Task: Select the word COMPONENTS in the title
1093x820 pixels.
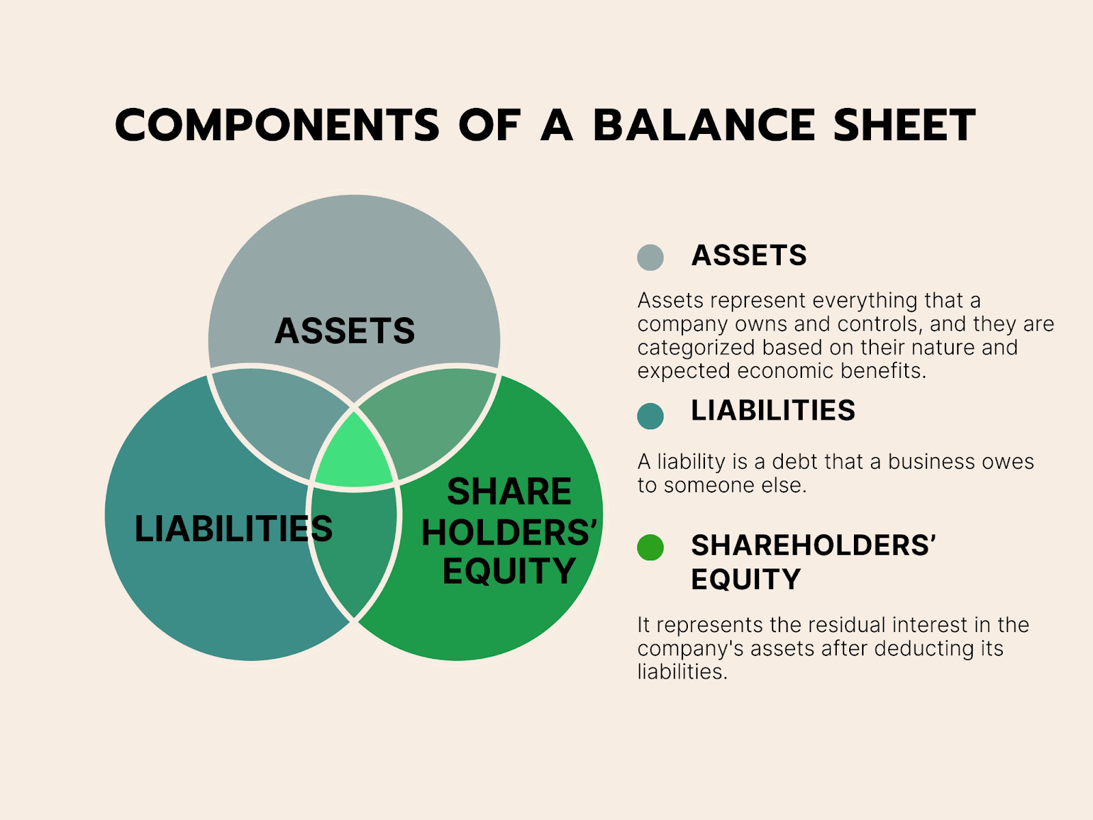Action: click(277, 125)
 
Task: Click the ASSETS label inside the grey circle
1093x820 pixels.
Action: click(345, 331)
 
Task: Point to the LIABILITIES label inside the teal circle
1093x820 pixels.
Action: click(233, 529)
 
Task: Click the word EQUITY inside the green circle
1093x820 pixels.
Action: click(509, 571)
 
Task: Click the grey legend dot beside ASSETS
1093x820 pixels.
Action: click(650, 258)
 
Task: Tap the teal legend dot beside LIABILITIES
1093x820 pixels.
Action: click(650, 416)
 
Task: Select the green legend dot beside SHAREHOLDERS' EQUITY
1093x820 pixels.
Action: click(650, 547)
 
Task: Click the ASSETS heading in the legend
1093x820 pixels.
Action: click(749, 256)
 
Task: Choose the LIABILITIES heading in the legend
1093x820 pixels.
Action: click(773, 411)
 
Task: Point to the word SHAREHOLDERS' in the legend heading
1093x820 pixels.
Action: click(813, 545)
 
